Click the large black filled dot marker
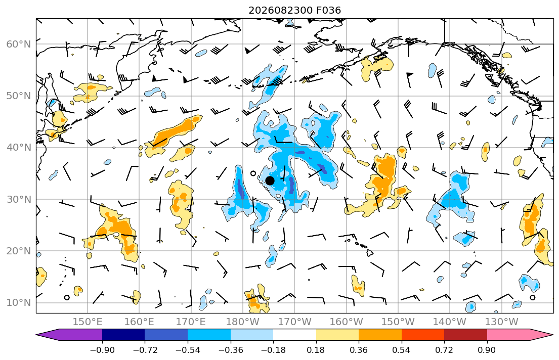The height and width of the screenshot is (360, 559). click(x=270, y=181)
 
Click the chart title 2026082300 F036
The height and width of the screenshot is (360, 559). click(x=294, y=10)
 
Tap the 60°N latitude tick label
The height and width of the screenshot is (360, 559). click(x=19, y=44)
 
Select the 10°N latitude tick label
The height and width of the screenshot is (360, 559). click(x=19, y=303)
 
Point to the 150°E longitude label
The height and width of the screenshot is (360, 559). click(x=88, y=322)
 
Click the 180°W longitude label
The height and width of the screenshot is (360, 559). click(x=243, y=322)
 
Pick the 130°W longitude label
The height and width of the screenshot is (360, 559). click(x=502, y=322)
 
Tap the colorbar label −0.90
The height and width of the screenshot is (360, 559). click(x=102, y=350)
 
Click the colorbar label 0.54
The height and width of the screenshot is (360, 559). click(x=402, y=350)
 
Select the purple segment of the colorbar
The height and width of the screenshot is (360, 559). click(x=71, y=335)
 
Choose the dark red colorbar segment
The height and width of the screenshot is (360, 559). click(x=465, y=335)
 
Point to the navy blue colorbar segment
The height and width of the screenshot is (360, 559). click(x=123, y=335)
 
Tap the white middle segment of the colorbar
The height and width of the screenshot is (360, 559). click(x=294, y=335)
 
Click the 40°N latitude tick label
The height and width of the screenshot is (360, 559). click(x=19, y=148)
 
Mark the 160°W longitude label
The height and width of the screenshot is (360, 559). click(x=346, y=322)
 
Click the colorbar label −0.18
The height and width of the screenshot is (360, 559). click(x=273, y=350)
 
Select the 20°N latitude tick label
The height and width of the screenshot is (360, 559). click(x=19, y=251)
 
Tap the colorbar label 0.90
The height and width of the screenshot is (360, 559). click(x=487, y=350)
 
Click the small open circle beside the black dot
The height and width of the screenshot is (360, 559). click(x=253, y=173)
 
